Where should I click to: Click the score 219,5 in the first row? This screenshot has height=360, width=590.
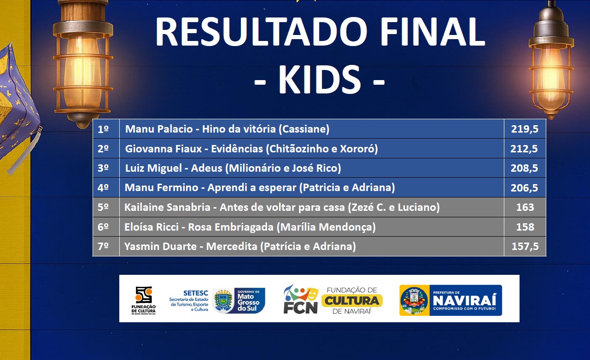click(525, 129)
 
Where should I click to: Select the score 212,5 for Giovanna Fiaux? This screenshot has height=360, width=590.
click(524, 149)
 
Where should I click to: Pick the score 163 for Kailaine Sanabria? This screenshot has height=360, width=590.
click(525, 207)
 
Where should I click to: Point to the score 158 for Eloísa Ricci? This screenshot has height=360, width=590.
click(525, 227)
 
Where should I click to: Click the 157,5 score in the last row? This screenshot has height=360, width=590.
click(525, 246)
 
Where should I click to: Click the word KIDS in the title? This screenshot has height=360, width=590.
click(320, 79)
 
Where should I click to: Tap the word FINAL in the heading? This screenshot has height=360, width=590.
click(432, 32)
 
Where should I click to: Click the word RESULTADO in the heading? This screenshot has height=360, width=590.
click(261, 32)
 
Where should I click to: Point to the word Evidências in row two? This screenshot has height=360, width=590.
click(237, 149)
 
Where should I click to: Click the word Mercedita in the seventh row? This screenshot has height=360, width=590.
click(232, 246)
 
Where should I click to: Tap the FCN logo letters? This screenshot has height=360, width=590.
click(301, 308)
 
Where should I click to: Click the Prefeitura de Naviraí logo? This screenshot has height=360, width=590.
click(450, 300)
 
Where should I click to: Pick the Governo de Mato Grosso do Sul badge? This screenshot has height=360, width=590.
click(239, 301)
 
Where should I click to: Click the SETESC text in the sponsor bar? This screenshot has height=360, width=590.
click(196, 293)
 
